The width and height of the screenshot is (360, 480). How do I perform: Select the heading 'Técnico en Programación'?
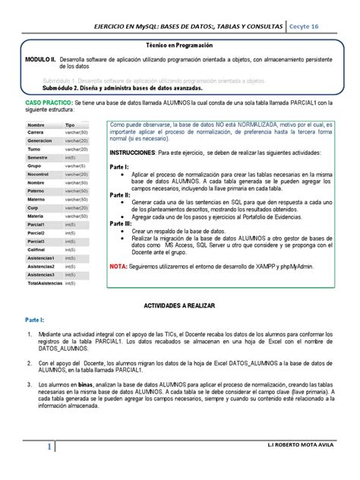click(x=180, y=46)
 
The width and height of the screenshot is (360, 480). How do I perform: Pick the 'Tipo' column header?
click(x=70, y=123)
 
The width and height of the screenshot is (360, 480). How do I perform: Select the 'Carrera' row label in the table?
click(x=36, y=131)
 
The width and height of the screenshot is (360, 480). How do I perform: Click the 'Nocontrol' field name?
click(x=38, y=173)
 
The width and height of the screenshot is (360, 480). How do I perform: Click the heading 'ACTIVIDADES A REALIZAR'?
click(x=180, y=304)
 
